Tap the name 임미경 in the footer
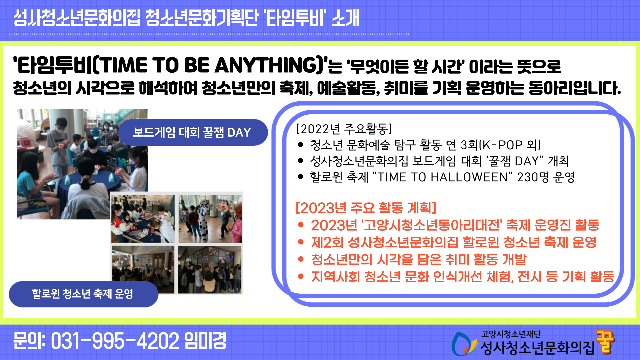tap(205, 341)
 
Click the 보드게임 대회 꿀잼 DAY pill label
tap(192, 132)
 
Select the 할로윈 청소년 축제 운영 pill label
tap(83, 294)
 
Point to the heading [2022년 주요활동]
tap(344, 129)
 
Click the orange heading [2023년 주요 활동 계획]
tap(366, 208)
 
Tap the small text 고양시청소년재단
tap(511, 334)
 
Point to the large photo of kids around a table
tap(82, 164)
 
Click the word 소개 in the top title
tap(345, 18)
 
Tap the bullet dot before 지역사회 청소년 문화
tap(301, 276)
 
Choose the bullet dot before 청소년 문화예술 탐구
tap(301, 145)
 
